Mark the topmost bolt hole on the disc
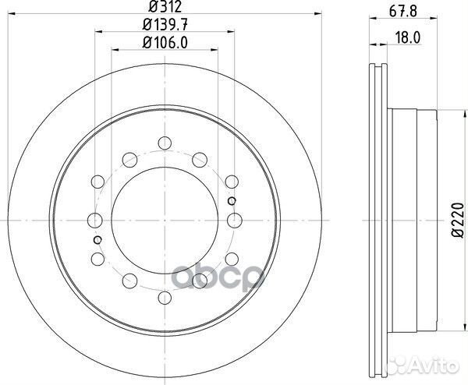pyautogui.click(x=163, y=143)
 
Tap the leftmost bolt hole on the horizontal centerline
pyautogui.click(x=94, y=220)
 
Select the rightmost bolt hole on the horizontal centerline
pyautogui.click(x=232, y=220)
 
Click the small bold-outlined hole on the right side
pyautogui.click(x=232, y=201)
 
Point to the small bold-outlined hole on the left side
pyautogui.click(x=97, y=239)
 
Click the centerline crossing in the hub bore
pyautogui.click(x=163, y=220)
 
